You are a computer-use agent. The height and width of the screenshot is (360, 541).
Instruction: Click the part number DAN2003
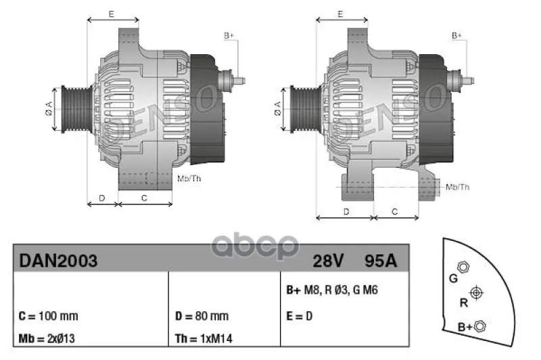tap(58, 261)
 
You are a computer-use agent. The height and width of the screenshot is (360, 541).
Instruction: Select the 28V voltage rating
tap(328, 261)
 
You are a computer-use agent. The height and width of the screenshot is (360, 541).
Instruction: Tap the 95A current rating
tap(381, 261)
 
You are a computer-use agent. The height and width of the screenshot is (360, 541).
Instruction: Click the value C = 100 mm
tap(48, 316)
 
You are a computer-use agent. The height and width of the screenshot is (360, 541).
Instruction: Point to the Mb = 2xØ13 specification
tap(47, 338)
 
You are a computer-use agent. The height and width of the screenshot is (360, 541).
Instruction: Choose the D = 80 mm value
tap(202, 316)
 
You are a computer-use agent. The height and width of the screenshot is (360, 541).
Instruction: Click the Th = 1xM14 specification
tap(204, 338)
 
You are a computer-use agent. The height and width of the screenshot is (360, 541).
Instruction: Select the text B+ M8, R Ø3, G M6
tap(332, 290)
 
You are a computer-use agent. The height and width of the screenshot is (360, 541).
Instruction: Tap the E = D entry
tap(299, 316)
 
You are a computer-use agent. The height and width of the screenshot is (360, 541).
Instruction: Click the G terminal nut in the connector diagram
tap(463, 267)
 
